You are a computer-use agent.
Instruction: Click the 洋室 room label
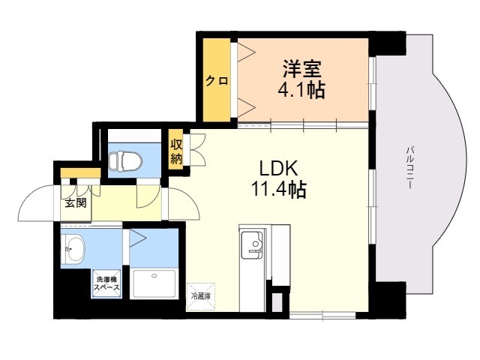[302, 70]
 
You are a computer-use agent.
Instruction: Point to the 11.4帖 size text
[278, 190]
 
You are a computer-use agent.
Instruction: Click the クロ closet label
[217, 80]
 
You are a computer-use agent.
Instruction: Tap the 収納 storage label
[177, 151]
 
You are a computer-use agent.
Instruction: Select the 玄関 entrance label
[74, 202]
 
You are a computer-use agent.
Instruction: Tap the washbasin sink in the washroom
[74, 250]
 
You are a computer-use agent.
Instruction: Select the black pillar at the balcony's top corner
[388, 43]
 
